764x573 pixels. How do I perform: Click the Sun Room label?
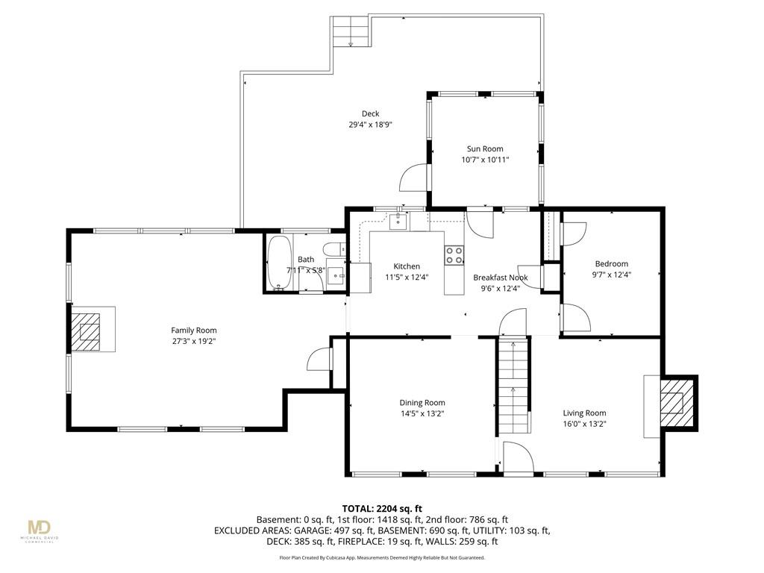pyautogui.click(x=485, y=149)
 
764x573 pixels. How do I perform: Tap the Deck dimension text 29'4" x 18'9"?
pyautogui.click(x=370, y=125)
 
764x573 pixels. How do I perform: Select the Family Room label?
pyautogui.click(x=194, y=331)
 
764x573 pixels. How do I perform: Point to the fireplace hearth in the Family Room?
pyautogui.click(x=93, y=329)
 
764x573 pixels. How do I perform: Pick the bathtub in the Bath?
pyautogui.click(x=279, y=262)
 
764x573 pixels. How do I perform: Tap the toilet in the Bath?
pyautogui.click(x=336, y=249)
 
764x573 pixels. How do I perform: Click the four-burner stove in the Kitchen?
pyautogui.click(x=454, y=255)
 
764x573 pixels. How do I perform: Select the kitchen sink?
pyautogui.click(x=398, y=221)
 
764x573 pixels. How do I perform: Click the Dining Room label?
pyautogui.click(x=422, y=403)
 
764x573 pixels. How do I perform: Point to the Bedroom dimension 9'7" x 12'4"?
pyautogui.click(x=612, y=275)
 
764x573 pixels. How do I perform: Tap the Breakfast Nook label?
pyautogui.click(x=501, y=278)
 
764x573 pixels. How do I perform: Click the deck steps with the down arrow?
pyautogui.click(x=350, y=31)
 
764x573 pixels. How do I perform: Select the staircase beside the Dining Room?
pyautogui.click(x=513, y=385)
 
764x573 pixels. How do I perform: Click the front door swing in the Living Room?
pyautogui.click(x=519, y=457)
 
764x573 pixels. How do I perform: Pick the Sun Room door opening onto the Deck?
pyautogui.click(x=413, y=178)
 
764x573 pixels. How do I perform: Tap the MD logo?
pyautogui.click(x=40, y=527)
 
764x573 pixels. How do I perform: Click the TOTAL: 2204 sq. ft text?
pyautogui.click(x=382, y=509)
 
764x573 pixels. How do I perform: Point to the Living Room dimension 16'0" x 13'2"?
pyautogui.click(x=585, y=424)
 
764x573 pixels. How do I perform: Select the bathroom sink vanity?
pyautogui.click(x=336, y=275)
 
